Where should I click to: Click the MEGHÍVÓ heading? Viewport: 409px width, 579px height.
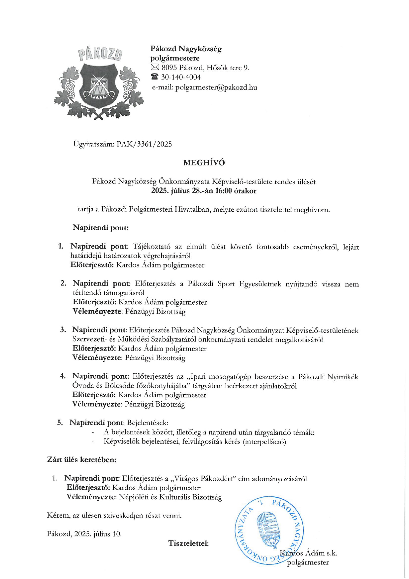204,163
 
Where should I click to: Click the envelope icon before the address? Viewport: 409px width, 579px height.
155,68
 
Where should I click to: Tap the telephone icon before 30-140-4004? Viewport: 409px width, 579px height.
154,77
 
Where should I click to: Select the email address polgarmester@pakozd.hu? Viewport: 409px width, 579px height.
216,87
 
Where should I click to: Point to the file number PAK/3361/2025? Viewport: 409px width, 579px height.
144,144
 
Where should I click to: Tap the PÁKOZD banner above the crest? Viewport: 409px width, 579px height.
100,54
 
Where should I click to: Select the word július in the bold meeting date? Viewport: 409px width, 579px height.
180,191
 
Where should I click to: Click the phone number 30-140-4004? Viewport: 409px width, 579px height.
181,77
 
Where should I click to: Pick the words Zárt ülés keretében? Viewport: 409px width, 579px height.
82,460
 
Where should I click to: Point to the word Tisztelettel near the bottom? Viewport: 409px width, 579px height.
188,543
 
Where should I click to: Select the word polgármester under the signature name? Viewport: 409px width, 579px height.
308,562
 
